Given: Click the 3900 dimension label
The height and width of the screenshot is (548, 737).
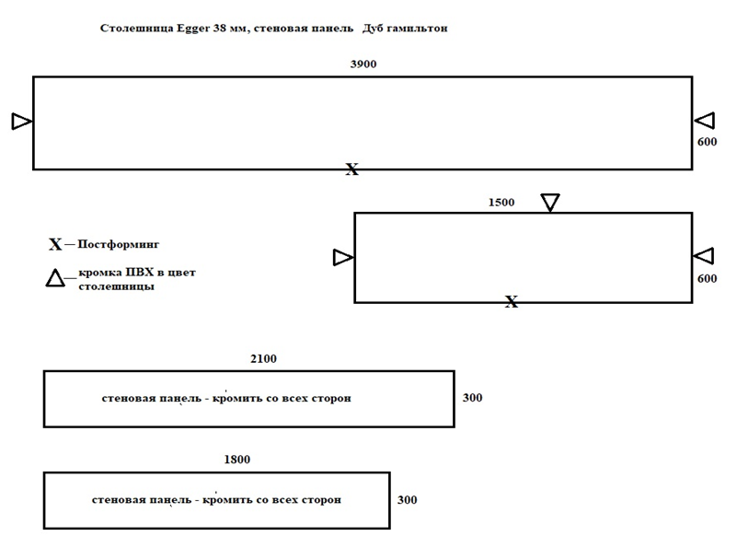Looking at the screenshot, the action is (363, 64).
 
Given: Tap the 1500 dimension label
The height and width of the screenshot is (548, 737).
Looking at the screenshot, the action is (501, 203).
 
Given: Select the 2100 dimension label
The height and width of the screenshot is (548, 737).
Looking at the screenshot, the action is (264, 359).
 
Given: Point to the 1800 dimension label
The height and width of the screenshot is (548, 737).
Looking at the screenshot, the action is (237, 459).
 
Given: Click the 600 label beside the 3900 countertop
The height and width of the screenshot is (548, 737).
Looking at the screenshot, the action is (707, 142).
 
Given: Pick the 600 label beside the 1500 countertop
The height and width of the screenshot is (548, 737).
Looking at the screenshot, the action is (707, 278).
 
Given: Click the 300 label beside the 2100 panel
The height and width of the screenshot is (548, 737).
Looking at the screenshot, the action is (472, 398).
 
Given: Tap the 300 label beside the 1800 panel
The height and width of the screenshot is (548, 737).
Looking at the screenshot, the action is (407, 499).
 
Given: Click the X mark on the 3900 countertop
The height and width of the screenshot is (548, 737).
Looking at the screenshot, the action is (352, 169).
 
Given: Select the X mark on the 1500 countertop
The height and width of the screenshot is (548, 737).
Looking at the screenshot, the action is (512, 301).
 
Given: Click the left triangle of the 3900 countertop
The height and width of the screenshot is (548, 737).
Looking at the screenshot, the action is (22, 122).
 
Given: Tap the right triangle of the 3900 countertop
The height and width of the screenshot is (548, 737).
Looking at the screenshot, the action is (705, 121).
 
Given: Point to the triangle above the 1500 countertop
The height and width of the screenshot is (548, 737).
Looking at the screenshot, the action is (550, 203).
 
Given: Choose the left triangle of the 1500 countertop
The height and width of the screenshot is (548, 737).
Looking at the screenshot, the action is (343, 257).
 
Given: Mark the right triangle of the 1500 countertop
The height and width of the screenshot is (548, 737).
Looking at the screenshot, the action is (703, 256).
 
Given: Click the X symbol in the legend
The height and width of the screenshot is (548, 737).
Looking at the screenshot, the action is (55, 244).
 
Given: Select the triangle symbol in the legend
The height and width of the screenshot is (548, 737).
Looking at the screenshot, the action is (55, 277).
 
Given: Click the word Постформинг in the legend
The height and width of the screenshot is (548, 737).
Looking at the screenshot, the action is (119, 244).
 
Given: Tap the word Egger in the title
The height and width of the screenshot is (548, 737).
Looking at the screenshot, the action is (193, 29).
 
